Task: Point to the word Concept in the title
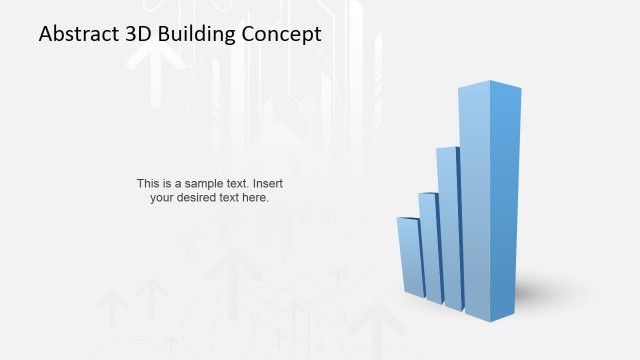(286, 34)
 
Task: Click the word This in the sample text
(148, 184)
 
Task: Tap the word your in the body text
(162, 198)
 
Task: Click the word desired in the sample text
(197, 198)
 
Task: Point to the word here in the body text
(256, 198)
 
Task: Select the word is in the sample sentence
(167, 184)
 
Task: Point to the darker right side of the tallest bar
(507, 200)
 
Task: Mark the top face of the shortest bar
(407, 217)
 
